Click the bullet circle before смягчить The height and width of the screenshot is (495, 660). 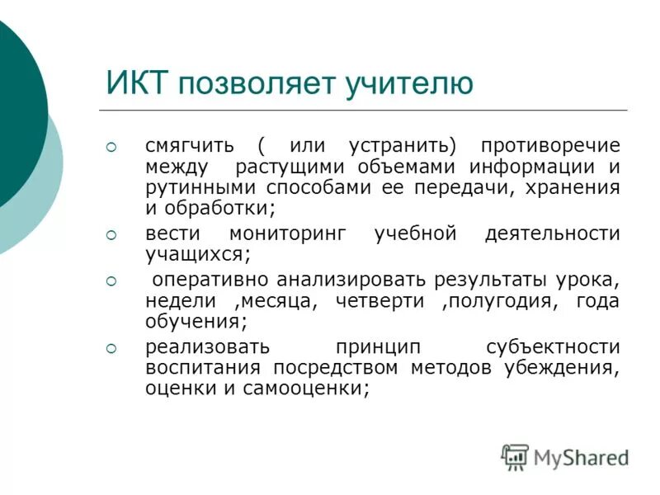113,147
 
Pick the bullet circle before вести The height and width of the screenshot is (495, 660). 113,235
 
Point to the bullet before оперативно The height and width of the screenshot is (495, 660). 113,281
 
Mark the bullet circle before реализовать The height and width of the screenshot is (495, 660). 113,347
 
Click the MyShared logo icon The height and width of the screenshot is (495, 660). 514,456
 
